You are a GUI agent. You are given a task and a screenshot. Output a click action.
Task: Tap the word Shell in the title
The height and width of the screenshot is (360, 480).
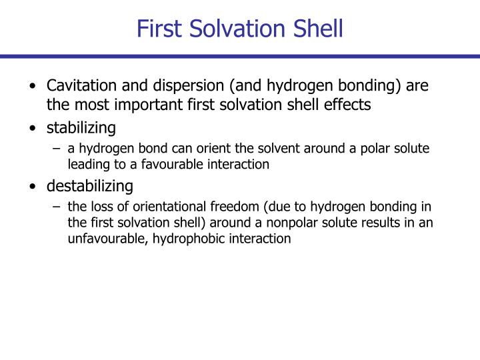point(316,29)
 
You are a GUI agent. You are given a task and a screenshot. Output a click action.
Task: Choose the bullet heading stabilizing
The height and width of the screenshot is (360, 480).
point(81,127)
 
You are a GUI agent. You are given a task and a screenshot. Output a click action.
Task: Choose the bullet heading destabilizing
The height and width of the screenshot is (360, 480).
point(89,185)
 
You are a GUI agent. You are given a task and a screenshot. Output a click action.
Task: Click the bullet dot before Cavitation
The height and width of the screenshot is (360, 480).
point(33,87)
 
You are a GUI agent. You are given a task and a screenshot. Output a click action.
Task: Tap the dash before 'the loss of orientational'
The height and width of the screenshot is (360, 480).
point(57,205)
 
